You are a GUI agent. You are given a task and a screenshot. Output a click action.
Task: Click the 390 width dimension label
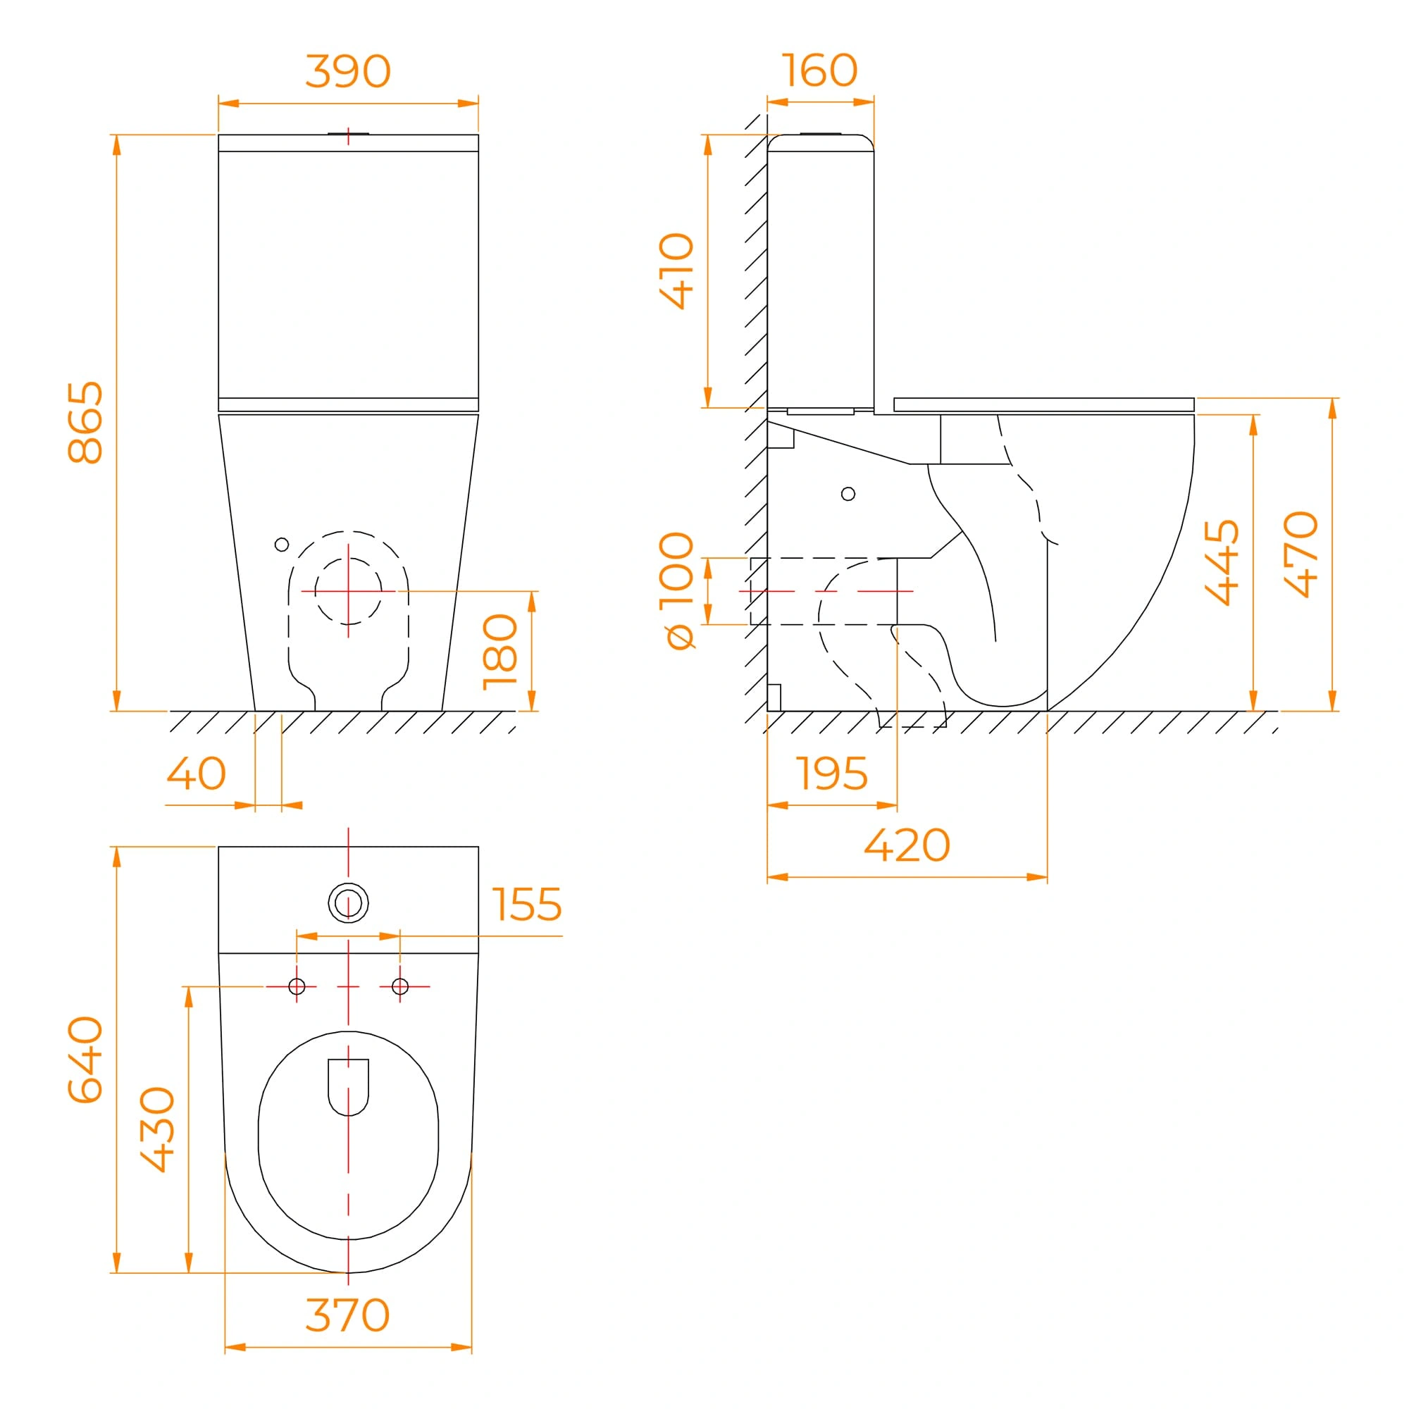pos(348,71)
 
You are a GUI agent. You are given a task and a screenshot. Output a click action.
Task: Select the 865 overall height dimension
pos(85,422)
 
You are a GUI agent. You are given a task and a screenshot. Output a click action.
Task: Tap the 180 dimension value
pos(500,652)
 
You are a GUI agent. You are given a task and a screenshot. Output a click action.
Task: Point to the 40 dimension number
pos(196,773)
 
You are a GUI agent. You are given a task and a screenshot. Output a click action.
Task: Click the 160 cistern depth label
pos(820,70)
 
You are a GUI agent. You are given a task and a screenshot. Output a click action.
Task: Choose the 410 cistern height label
pos(676,271)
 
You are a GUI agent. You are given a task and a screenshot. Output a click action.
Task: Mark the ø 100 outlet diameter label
pos(676,591)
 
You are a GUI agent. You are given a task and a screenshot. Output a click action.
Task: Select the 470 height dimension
pos(1301,554)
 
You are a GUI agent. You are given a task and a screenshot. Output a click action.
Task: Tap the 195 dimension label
pos(831,773)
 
